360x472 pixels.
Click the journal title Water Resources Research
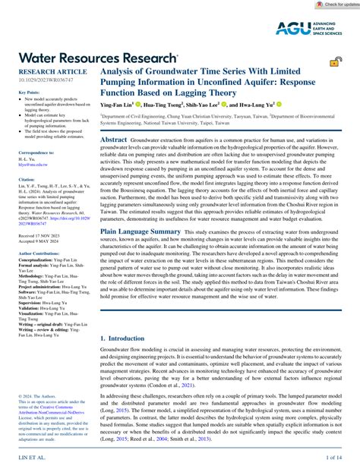click(98, 57)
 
